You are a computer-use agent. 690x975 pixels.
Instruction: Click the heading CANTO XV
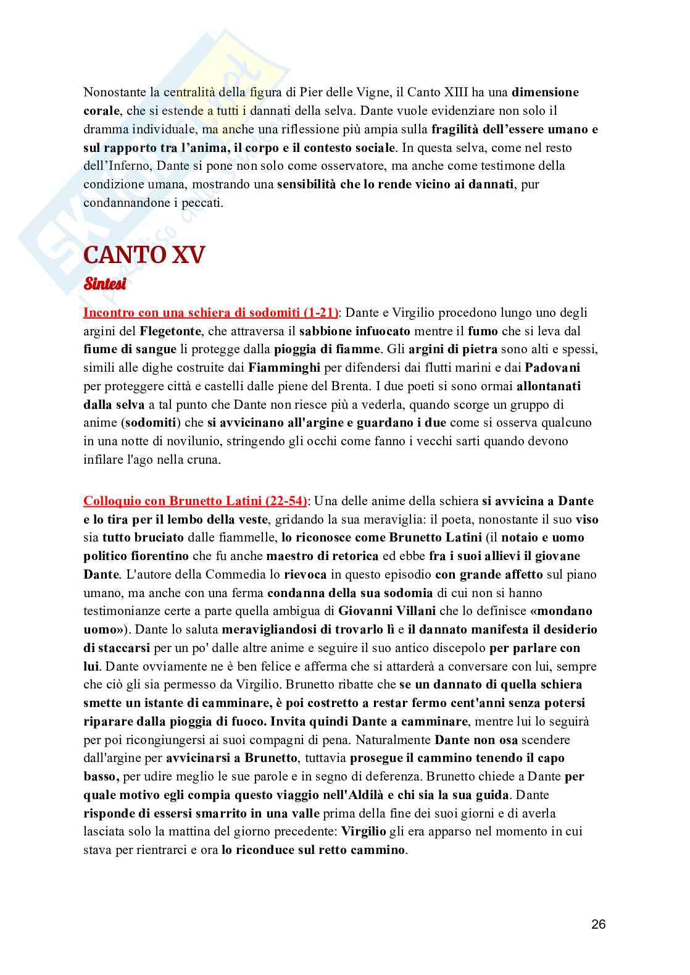[x=143, y=254]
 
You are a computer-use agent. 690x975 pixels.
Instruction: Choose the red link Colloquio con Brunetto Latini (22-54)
[x=195, y=501]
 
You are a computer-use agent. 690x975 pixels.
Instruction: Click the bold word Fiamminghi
[x=284, y=368]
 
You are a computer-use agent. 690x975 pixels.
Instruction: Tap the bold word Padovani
[x=552, y=368]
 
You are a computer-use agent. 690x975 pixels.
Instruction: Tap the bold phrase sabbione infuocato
[x=355, y=331]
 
